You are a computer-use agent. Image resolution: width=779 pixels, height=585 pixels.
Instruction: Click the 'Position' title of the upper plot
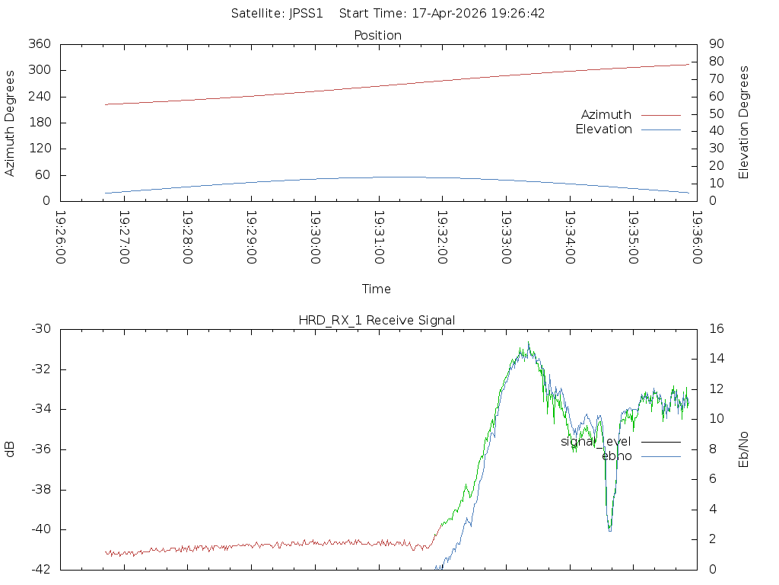(x=377, y=35)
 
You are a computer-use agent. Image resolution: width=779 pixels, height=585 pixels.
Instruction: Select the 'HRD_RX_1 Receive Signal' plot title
(x=377, y=320)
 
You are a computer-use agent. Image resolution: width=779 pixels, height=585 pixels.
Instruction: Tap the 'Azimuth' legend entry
(x=606, y=114)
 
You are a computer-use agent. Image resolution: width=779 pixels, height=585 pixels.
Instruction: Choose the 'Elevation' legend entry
(x=603, y=129)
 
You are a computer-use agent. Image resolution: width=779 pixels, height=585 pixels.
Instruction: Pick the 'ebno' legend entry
(x=616, y=456)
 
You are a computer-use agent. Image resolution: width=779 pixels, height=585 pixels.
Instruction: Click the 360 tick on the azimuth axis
(x=39, y=44)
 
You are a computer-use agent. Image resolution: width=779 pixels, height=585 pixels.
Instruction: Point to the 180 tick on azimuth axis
(x=39, y=123)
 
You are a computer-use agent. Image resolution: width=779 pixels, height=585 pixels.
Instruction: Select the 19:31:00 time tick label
(x=379, y=238)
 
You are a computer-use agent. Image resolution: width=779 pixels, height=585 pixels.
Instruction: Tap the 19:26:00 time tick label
(x=62, y=238)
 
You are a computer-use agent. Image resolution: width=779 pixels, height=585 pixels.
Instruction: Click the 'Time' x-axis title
(x=377, y=289)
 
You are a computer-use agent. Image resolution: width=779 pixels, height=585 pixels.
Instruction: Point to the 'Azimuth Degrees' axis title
(x=10, y=123)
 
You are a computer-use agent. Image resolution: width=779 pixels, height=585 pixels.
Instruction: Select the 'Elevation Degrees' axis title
(x=744, y=122)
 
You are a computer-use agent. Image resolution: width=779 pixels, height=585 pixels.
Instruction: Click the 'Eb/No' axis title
(x=744, y=449)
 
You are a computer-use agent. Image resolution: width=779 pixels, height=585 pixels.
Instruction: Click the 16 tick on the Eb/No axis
(x=717, y=329)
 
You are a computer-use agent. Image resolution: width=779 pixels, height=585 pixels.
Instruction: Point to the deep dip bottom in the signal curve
(x=609, y=529)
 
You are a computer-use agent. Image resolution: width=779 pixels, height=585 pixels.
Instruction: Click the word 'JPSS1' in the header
(x=306, y=13)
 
